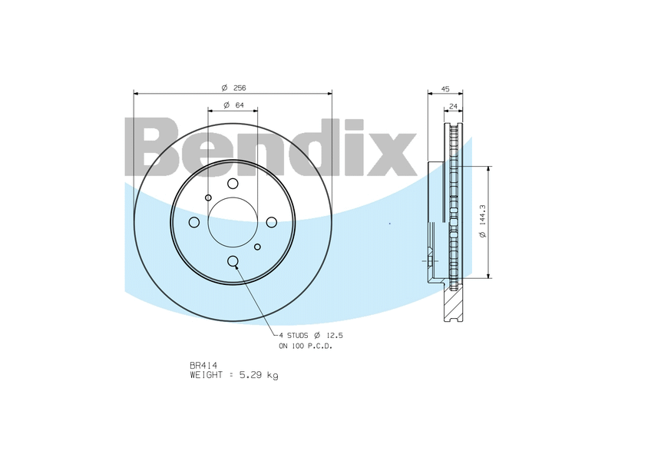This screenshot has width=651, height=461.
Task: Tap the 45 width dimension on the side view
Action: point(445,88)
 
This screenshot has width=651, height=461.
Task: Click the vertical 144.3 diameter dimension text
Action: point(482,222)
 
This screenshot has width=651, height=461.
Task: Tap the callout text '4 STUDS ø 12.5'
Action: point(310,336)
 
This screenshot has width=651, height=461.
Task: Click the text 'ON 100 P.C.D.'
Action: point(310,346)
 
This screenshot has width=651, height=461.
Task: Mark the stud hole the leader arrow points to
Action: point(233,261)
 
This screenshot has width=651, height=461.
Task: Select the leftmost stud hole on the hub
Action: point(193,222)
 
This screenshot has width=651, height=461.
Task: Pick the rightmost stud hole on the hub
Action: point(272,222)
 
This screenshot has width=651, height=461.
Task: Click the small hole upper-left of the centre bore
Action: point(208,197)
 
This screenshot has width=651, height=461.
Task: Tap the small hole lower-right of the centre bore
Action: point(257,247)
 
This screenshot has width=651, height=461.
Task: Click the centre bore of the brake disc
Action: point(233,222)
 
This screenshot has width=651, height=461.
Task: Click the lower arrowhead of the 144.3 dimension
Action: point(488,274)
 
